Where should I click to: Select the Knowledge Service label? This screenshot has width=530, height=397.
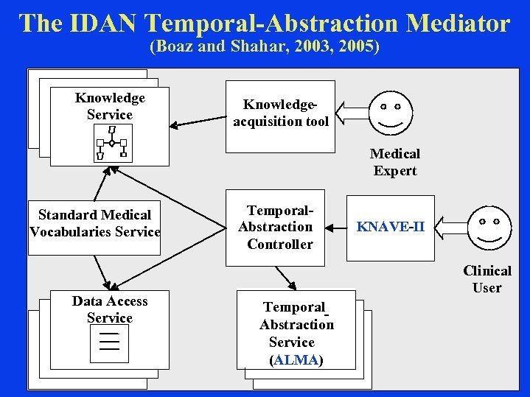(110, 106)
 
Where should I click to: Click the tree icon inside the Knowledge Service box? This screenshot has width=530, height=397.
(111, 143)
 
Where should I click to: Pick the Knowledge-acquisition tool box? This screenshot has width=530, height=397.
(280, 116)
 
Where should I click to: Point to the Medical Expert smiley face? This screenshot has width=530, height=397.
(390, 113)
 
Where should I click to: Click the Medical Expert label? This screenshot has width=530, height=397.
(394, 162)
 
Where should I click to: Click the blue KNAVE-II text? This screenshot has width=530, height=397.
(390, 227)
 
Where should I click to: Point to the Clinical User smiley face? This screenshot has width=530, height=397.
(489, 228)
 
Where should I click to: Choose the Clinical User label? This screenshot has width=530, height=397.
(487, 279)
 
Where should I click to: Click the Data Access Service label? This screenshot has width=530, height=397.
(110, 309)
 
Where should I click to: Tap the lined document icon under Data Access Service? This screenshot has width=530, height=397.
(109, 343)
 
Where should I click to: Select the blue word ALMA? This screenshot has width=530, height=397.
(296, 360)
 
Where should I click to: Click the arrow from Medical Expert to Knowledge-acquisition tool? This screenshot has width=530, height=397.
(351, 114)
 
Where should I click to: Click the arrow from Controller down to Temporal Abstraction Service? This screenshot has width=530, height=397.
(286, 277)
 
